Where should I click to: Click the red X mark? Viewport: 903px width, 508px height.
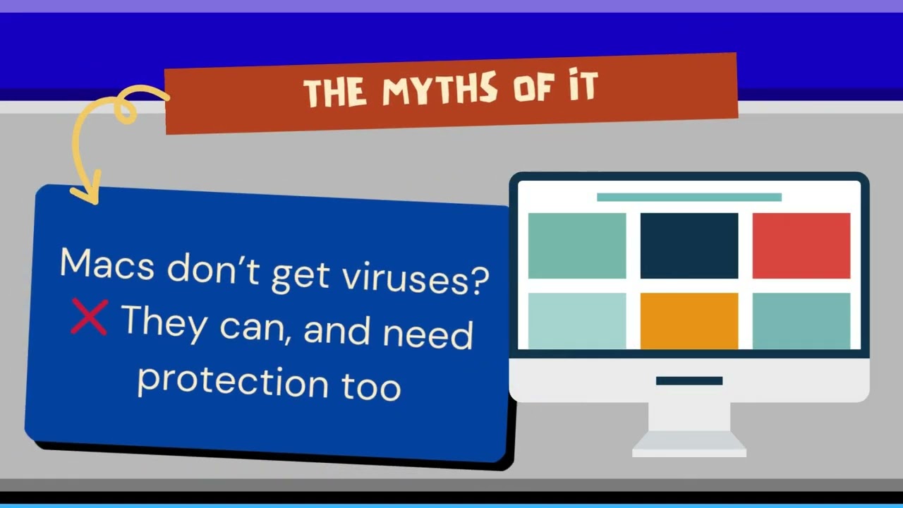pyautogui.click(x=89, y=317)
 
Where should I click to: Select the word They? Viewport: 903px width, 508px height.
pyautogui.click(x=165, y=323)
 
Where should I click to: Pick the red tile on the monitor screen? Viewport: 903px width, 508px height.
pyautogui.click(x=801, y=246)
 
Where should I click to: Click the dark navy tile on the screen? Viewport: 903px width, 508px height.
pyautogui.click(x=689, y=246)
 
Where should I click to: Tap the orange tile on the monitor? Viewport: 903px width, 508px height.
pyautogui.click(x=689, y=320)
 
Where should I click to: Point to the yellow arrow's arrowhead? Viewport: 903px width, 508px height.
pyautogui.click(x=85, y=193)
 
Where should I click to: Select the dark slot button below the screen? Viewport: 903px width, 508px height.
pyautogui.click(x=689, y=381)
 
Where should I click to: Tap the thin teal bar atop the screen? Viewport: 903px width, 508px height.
pyautogui.click(x=689, y=197)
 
